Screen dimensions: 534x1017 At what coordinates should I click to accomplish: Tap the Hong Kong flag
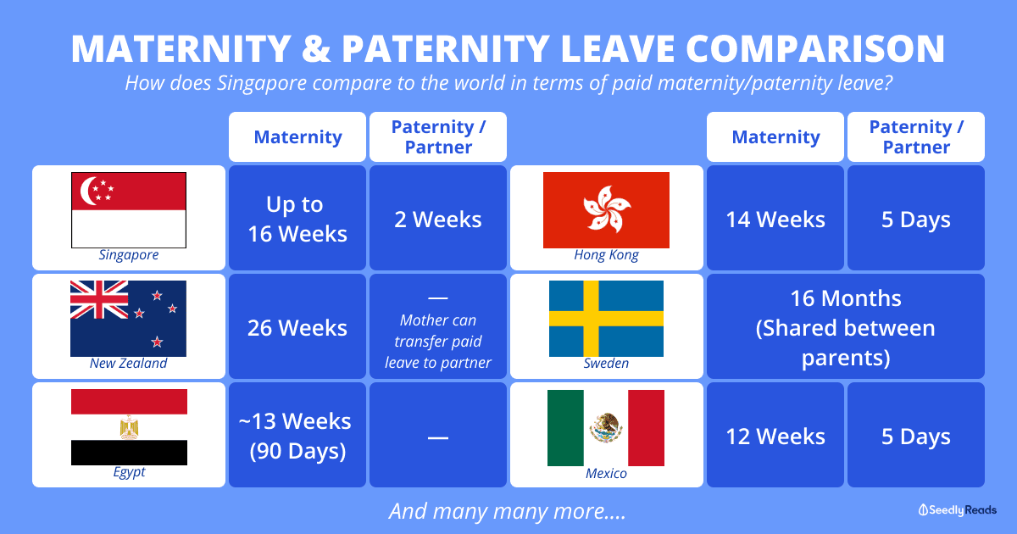(x=606, y=209)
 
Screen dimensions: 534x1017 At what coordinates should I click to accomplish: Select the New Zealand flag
(x=128, y=318)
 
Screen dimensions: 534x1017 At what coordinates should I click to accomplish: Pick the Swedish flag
(x=606, y=318)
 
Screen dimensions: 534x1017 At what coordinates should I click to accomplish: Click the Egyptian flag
(x=129, y=427)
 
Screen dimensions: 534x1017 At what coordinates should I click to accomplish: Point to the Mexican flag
(x=606, y=427)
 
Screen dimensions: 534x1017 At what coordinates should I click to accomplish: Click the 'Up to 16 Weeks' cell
(x=297, y=219)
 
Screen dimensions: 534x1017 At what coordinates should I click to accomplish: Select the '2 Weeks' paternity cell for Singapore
(x=438, y=220)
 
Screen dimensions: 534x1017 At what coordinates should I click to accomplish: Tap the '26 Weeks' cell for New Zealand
(x=297, y=327)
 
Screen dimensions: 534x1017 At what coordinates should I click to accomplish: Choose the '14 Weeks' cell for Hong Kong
(x=775, y=220)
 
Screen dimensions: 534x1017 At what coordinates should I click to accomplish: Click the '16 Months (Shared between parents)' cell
(x=845, y=327)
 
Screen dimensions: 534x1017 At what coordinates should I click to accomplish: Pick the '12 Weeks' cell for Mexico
(x=775, y=437)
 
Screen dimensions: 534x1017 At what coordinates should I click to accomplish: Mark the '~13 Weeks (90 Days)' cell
(x=297, y=436)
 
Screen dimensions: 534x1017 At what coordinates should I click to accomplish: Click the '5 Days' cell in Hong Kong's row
(x=916, y=220)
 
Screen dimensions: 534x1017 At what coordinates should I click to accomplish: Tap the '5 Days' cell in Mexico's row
(x=916, y=437)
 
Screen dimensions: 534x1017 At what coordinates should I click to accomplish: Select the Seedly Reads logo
(x=958, y=509)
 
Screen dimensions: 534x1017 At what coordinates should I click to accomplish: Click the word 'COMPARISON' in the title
(x=797, y=48)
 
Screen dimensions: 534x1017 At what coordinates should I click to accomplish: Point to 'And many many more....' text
(x=508, y=511)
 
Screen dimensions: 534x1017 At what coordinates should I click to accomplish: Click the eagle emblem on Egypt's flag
(x=129, y=427)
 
